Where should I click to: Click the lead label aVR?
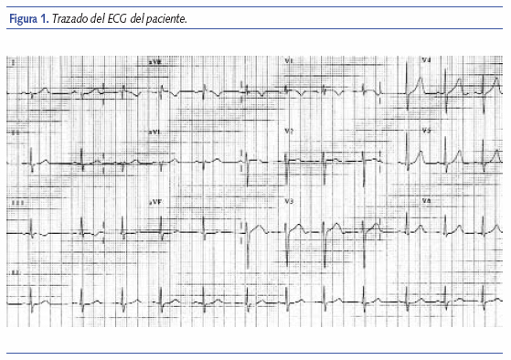tap(154, 61)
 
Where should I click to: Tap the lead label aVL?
tap(154, 132)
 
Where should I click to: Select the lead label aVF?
tap(154, 200)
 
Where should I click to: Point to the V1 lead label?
tap(289, 61)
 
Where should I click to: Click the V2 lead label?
tap(289, 132)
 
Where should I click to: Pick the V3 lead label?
tap(289, 201)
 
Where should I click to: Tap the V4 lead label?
tap(426, 61)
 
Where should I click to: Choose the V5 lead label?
tap(426, 132)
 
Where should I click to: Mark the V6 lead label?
tap(426, 201)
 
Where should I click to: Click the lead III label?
tap(16, 201)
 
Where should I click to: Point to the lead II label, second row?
tap(16, 133)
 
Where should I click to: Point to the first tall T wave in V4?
tap(420, 79)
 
